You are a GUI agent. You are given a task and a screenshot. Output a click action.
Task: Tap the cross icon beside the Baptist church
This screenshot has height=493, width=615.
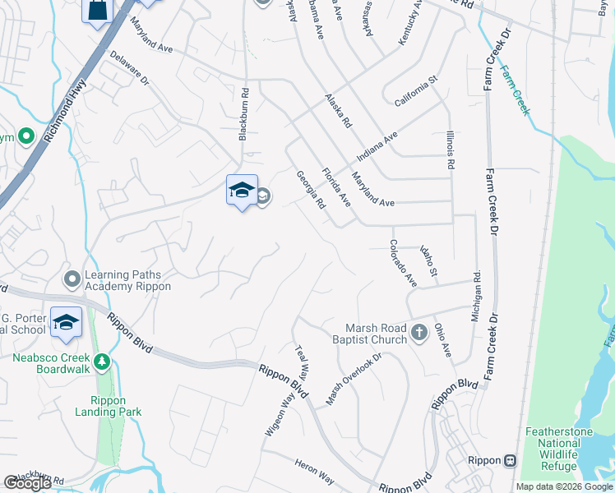(x=419, y=333)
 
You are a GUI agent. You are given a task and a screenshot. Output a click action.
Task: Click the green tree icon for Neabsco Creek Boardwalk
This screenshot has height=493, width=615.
(x=102, y=361)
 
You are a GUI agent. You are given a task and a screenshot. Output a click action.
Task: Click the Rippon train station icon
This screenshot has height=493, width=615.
(x=510, y=460)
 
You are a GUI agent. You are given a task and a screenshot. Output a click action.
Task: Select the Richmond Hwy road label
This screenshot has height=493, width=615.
(x=67, y=111)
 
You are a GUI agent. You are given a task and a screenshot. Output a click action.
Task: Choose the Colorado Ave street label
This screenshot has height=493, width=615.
(x=403, y=263)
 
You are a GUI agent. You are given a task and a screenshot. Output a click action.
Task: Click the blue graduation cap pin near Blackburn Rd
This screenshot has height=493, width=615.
(x=242, y=192)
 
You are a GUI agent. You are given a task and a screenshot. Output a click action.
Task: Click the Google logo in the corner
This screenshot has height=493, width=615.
(x=28, y=483)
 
